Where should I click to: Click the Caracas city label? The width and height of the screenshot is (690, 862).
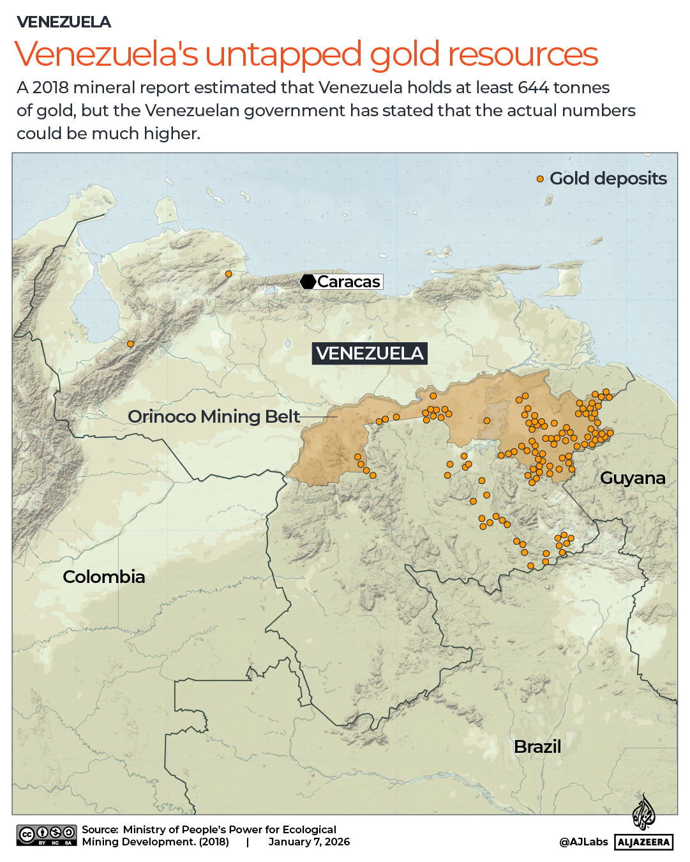click(x=349, y=282)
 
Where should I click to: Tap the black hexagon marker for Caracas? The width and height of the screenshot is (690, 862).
click(x=308, y=282)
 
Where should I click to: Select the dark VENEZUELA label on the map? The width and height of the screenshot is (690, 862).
click(x=370, y=353)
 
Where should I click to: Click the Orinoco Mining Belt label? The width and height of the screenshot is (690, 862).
click(x=214, y=416)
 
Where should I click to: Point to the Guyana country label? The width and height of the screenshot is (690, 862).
click(x=632, y=478)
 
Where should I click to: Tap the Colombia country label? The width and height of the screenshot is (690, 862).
click(x=104, y=577)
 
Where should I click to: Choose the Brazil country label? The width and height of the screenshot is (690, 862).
click(x=537, y=746)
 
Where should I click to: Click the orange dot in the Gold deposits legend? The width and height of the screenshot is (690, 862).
click(x=540, y=179)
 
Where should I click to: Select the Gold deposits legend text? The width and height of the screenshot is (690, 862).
click(x=608, y=178)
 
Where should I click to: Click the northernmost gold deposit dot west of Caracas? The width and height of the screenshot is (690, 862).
click(x=229, y=274)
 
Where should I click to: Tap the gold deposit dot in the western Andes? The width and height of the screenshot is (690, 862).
click(x=130, y=344)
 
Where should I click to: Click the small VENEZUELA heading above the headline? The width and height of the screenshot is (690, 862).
click(x=64, y=22)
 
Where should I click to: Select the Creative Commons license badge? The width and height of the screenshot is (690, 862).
click(x=47, y=835)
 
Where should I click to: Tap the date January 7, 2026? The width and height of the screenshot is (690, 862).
click(x=309, y=842)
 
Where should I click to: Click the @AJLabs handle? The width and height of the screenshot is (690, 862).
click(x=583, y=842)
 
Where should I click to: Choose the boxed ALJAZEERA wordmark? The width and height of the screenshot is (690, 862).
click(x=644, y=842)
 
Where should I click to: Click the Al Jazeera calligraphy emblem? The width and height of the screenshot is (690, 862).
click(x=643, y=813)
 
